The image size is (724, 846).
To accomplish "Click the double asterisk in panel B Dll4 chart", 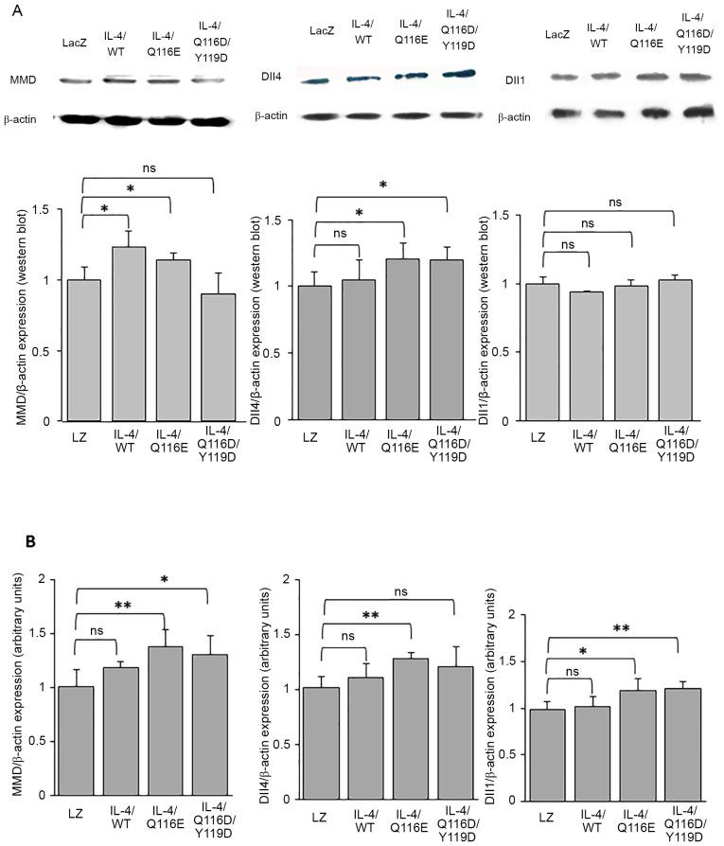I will (x=364, y=615).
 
